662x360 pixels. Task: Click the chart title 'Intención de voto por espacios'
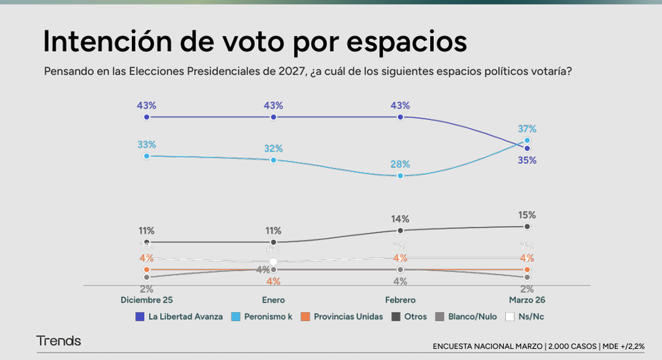(254, 42)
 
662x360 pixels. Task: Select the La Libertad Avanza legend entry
(179, 316)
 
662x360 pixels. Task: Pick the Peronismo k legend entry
(261, 316)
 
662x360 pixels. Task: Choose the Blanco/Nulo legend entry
(467, 316)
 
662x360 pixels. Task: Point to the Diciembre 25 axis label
(147, 300)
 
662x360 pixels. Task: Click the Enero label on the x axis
(274, 300)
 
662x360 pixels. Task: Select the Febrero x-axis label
(400, 300)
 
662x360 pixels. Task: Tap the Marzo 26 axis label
(527, 300)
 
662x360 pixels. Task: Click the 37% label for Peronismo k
(527, 129)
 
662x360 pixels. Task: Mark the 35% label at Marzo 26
(527, 161)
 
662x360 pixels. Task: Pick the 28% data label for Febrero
(400, 164)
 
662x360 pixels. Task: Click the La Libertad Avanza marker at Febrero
(401, 117)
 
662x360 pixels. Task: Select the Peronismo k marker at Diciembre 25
(147, 156)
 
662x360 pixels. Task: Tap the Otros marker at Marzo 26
(527, 227)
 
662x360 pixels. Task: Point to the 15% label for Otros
(527, 215)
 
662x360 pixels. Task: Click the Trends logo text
(58, 341)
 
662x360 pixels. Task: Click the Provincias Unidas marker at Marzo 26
(527, 270)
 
